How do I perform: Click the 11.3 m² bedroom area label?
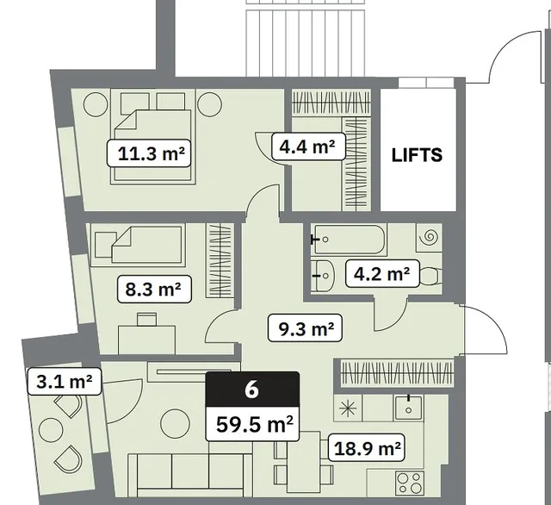coord(149,153)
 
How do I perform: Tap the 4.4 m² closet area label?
coord(308,147)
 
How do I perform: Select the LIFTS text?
coord(417,155)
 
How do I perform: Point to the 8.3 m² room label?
coord(154,290)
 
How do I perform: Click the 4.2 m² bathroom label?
coord(382,273)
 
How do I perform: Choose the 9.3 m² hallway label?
coord(305,328)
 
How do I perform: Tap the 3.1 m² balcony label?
coord(65,381)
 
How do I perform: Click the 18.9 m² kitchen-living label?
coord(367,447)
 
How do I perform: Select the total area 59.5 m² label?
coord(252,424)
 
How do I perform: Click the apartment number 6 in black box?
coord(252,390)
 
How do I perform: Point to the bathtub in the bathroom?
coord(350,240)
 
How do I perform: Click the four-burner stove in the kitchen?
coord(410,483)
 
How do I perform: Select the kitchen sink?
coord(409,408)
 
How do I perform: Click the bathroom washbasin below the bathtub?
coord(323,276)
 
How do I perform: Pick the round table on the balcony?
coord(51,430)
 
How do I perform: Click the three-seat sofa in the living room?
coord(189,475)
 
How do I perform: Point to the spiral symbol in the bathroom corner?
coord(429,237)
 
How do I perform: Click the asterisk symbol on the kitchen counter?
coord(348,408)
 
